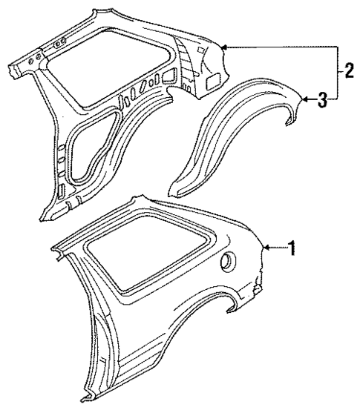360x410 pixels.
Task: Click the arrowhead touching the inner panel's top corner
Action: (x=225, y=47)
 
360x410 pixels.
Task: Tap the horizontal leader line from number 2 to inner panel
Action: (x=282, y=47)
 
